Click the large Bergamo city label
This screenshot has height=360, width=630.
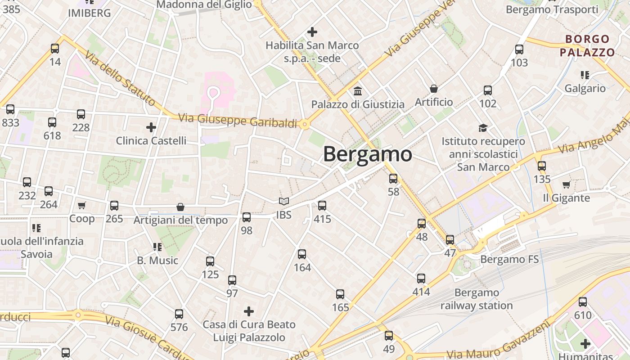coord(367,154)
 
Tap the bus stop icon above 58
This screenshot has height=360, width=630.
coord(393,178)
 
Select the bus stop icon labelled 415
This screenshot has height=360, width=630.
coord(322,206)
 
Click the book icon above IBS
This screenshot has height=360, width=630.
coord(283,201)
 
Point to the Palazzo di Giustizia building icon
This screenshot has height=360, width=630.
coord(358,91)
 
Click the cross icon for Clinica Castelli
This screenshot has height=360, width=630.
coord(151,127)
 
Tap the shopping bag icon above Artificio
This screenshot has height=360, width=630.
coord(434,89)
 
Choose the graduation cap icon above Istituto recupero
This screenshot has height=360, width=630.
coord(483,128)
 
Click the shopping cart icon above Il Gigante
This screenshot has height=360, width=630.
coord(566,184)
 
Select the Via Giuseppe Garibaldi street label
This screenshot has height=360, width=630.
coord(238,121)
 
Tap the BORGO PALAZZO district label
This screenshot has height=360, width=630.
coord(588,45)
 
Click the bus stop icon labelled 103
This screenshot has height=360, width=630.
coord(519,49)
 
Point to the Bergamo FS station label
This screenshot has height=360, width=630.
coord(509,259)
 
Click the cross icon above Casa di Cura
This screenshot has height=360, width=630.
coord(248,311)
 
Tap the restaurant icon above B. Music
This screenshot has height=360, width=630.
coord(157,247)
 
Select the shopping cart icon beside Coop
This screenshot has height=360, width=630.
coord(81,206)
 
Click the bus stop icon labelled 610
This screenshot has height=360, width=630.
coord(583,301)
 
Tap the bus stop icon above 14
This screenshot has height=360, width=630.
coord(55,48)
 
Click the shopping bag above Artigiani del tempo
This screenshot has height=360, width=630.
coord(180,207)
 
